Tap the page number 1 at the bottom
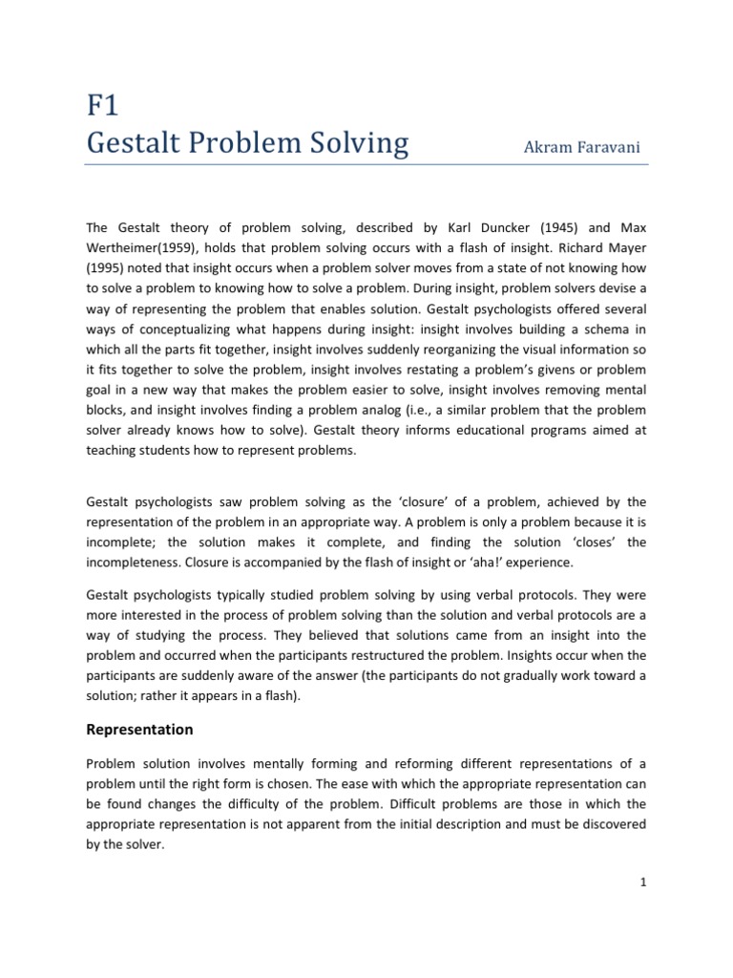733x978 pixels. (644, 936)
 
